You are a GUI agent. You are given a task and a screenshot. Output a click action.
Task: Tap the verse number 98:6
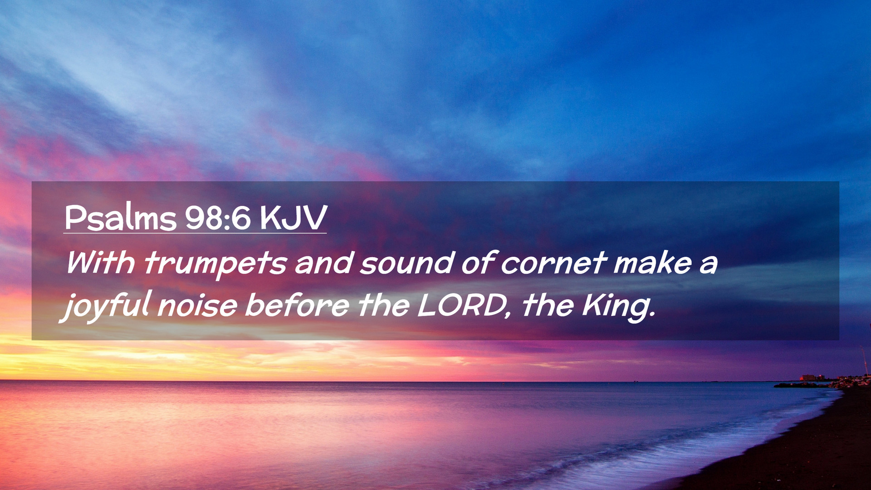[218, 218]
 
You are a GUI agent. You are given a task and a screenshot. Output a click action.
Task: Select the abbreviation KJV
[293, 218]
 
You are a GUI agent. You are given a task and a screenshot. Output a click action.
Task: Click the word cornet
[553, 263]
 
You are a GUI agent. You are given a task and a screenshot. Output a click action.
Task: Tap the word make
[653, 262]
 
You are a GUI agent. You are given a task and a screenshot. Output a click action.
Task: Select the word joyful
[105, 306]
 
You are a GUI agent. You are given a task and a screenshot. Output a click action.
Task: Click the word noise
[197, 305]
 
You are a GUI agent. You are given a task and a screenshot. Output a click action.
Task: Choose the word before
[297, 305]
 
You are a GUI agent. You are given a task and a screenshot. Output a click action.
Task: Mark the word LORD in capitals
[460, 305]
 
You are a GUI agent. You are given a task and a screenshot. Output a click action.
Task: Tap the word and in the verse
[324, 262]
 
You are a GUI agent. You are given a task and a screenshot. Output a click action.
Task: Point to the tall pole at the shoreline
[865, 361]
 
